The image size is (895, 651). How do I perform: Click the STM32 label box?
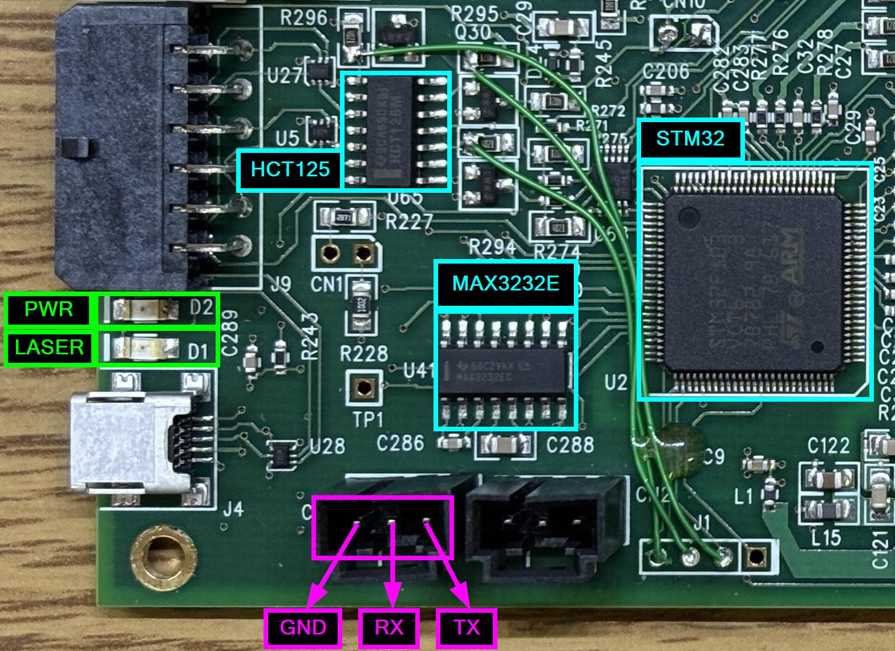690,139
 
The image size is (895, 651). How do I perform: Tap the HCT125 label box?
290,169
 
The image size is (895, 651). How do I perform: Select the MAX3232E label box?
505,284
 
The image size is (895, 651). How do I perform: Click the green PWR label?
49,310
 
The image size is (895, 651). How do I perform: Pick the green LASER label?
49,347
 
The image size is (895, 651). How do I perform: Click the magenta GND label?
303,628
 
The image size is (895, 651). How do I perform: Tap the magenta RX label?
389,628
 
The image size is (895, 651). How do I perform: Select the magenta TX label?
467,628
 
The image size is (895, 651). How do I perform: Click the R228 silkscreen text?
364,354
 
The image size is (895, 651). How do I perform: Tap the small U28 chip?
282,454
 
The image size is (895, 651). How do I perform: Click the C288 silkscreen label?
570,444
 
